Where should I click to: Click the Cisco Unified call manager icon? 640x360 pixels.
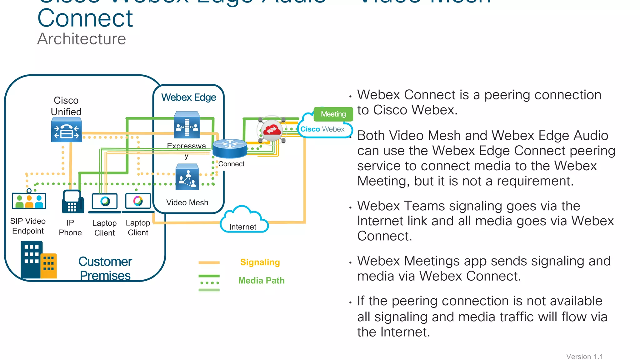[x=66, y=130]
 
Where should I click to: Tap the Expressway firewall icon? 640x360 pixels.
[x=187, y=125]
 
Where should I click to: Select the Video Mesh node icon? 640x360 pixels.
[x=187, y=177]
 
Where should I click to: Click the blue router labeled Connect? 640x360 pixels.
[x=230, y=148]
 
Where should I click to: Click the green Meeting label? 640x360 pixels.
[x=333, y=114]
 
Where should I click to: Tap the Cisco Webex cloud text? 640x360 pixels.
[x=322, y=129]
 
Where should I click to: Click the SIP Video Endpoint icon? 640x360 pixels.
[x=29, y=201]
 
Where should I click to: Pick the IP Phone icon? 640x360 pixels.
[x=72, y=202]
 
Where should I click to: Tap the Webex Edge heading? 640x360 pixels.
[x=188, y=97]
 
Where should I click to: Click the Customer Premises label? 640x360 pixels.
[x=105, y=268]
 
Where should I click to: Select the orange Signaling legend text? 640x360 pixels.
[x=260, y=262]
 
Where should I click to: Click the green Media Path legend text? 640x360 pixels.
[x=261, y=280]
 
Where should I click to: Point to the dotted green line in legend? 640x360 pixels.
[x=209, y=283]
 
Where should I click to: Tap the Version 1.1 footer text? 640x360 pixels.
[x=584, y=356]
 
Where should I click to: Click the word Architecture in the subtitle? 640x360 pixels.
[x=82, y=39]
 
